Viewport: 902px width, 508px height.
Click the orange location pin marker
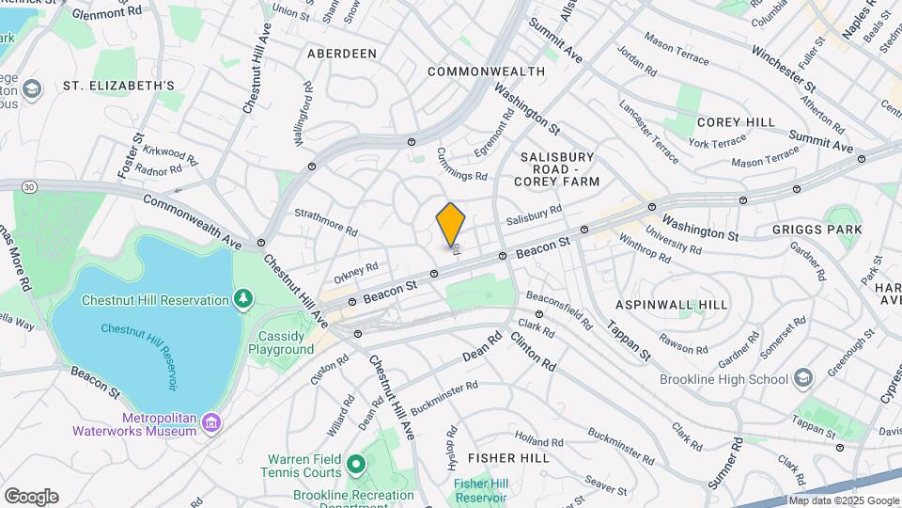coord(451,224)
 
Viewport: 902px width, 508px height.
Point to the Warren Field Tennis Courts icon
coord(355,464)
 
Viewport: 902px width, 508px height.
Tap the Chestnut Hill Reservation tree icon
coord(244,300)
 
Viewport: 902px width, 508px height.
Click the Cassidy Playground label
coord(281,342)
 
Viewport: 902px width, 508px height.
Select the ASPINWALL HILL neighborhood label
coord(671,305)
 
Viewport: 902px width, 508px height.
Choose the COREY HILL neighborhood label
coord(736,122)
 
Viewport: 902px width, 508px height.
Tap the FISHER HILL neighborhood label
coord(508,457)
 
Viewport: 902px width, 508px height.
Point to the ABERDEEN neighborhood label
coord(341,54)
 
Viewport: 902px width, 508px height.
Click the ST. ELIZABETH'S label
coord(118,86)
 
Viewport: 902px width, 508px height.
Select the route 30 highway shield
coord(30,187)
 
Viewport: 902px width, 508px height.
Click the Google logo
coord(31,496)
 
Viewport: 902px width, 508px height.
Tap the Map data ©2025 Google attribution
coord(844,500)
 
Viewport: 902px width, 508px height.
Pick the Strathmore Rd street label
coord(325,222)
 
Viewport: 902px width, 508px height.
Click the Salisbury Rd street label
coord(533,214)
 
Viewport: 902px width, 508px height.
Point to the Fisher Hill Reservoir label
coord(480,490)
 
